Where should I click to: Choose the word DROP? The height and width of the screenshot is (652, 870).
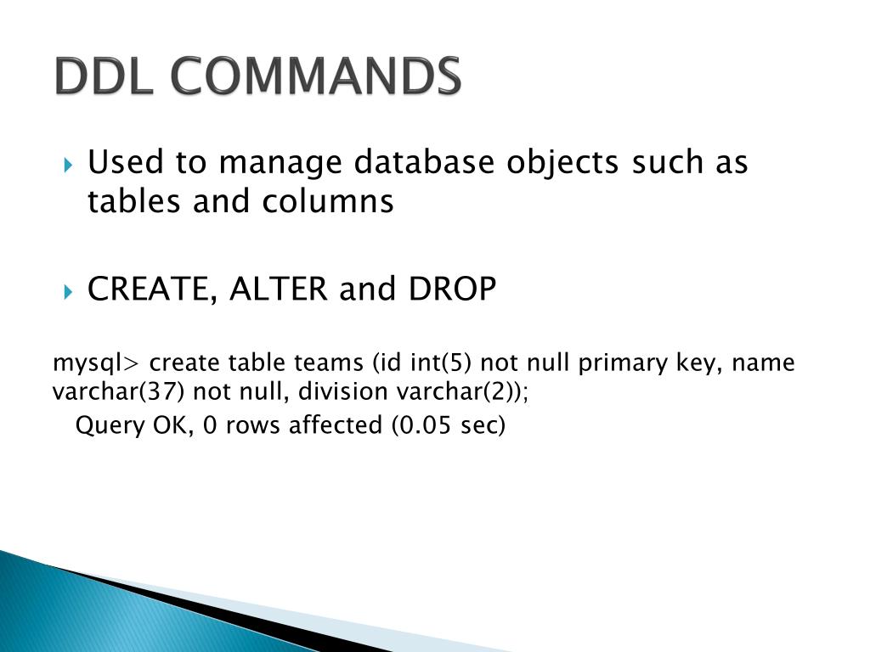(453, 290)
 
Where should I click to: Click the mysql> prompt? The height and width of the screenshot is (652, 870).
(94, 364)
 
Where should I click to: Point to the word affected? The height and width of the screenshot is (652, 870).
(336, 424)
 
